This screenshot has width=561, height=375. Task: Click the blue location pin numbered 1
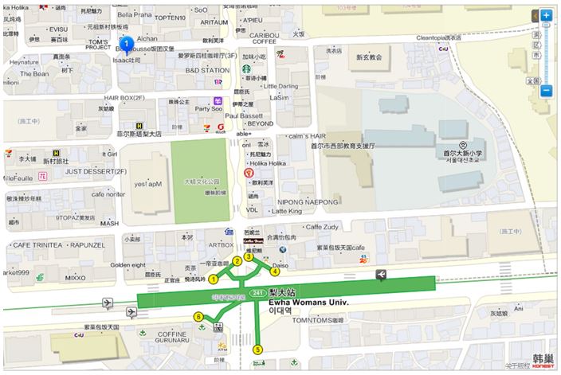[125, 43]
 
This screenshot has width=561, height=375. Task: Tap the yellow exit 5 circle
[257, 349]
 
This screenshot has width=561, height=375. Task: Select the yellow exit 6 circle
[198, 317]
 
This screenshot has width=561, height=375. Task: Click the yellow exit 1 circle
[214, 279]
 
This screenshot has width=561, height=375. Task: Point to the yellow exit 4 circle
[275, 271]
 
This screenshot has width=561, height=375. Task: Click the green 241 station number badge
[257, 293]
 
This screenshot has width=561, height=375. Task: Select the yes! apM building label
[149, 183]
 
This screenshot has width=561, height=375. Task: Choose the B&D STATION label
[207, 70]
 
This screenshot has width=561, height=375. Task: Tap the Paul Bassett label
[243, 115]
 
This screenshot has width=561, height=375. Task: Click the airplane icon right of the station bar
[382, 275]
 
